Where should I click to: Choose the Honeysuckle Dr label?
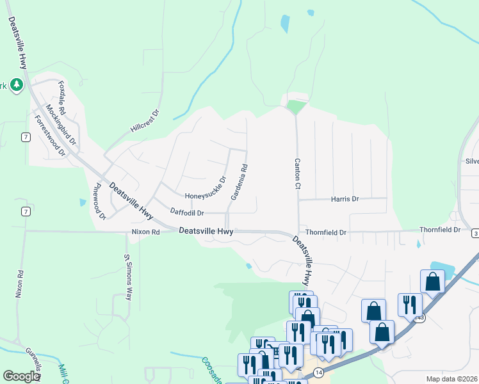click(x=206, y=189)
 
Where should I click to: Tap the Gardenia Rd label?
click(x=239, y=181)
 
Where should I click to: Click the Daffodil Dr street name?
click(x=187, y=212)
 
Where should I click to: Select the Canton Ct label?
click(x=297, y=173)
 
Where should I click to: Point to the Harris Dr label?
click(x=345, y=199)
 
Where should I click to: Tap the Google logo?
click(x=21, y=376)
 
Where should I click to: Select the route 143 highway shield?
click(x=419, y=318)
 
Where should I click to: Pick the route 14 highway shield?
click(x=318, y=372)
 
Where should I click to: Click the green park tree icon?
click(x=16, y=84)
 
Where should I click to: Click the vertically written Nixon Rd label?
click(x=19, y=284)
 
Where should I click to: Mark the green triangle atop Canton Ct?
click(x=295, y=107)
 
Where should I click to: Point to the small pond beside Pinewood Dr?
click(x=83, y=202)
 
